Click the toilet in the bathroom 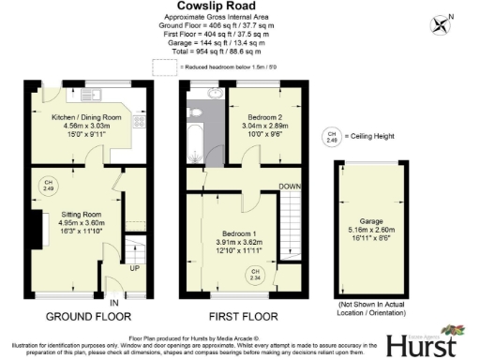tap(196, 112)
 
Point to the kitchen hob tap(141, 121)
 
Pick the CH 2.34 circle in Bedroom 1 tap(255, 274)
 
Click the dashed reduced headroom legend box tap(163, 66)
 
